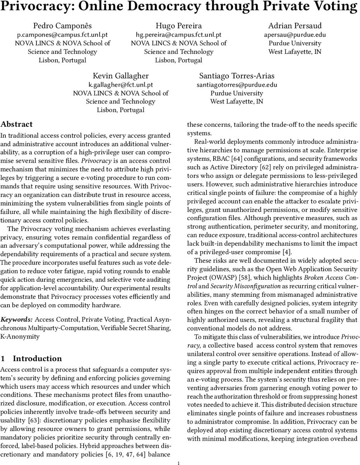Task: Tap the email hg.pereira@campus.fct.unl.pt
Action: coord(178,34)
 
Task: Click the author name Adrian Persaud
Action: coord(295,26)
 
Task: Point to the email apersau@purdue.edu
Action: coord(295,34)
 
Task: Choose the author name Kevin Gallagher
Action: coord(120,76)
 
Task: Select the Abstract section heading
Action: coord(17,124)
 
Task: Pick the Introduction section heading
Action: coord(37,358)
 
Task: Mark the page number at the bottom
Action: coord(178,462)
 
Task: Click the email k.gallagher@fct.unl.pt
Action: coord(120,84)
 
